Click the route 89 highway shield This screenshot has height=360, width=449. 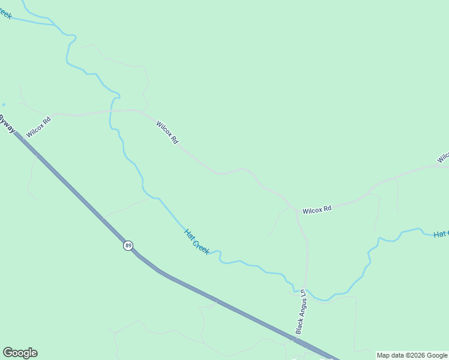click(x=128, y=245)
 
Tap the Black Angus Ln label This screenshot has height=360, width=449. click(x=301, y=312)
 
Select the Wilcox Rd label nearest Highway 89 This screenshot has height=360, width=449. click(x=38, y=127)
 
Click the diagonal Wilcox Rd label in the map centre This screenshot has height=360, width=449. click(x=167, y=133)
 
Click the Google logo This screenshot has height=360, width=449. click(x=20, y=353)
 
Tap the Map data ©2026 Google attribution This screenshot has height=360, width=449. click(x=412, y=355)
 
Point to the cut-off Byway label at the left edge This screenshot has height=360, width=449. click(x=7, y=124)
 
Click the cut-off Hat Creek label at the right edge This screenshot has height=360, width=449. click(x=441, y=233)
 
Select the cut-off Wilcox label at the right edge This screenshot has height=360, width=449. click(x=443, y=157)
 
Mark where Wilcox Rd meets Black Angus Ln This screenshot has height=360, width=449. click(x=297, y=211)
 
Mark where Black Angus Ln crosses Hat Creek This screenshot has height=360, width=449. click(x=306, y=290)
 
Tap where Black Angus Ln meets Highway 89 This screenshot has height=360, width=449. click(x=297, y=340)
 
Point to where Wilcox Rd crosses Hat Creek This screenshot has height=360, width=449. click(x=112, y=111)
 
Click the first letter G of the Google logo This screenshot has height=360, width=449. click(x=8, y=352)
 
